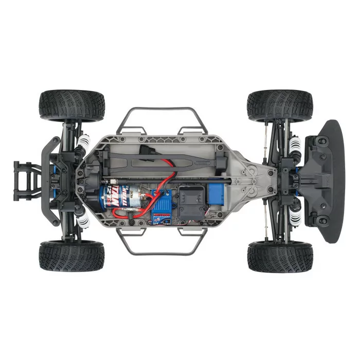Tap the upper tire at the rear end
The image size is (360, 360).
click(72, 105)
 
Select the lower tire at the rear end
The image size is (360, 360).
click(71, 256)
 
